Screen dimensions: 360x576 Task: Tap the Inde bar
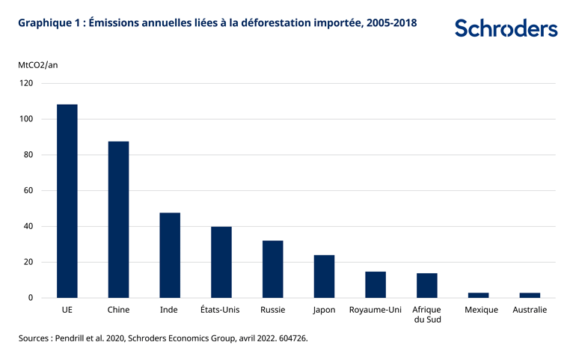tap(170, 255)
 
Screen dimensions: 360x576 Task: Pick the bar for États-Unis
tap(221, 262)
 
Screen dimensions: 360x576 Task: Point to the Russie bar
tap(272, 269)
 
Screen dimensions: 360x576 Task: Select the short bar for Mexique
tap(478, 295)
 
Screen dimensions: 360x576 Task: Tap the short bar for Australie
tap(530, 295)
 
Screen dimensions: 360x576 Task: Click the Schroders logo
tap(506, 28)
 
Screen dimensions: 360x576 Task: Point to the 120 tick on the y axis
tap(26, 83)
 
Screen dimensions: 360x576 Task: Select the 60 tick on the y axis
tap(28, 191)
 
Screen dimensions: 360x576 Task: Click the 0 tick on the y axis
tap(31, 298)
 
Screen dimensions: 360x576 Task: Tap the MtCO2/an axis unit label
tap(38, 64)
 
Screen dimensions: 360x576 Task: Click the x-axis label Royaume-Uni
tap(376, 310)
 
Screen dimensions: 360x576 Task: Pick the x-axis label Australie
tap(530, 310)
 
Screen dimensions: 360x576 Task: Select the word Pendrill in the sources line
tap(82, 338)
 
